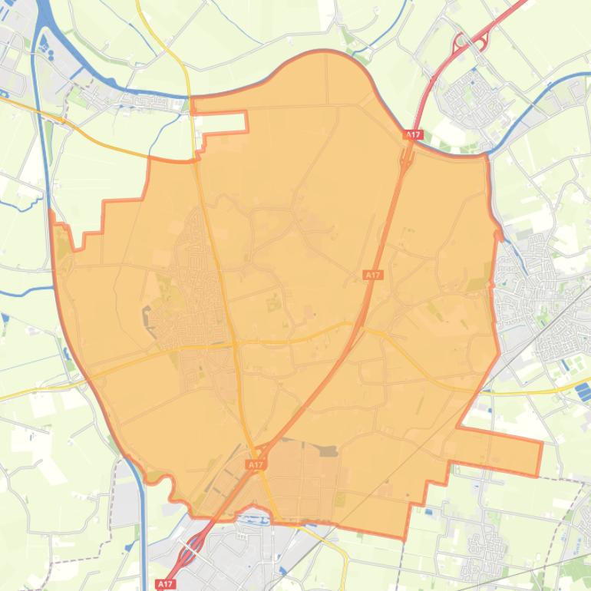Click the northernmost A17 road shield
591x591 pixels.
point(413,135)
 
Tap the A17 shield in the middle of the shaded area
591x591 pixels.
point(373,275)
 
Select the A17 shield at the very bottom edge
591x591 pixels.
point(166,584)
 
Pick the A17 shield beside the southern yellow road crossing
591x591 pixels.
point(256,465)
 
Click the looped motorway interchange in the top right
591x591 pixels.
point(470,41)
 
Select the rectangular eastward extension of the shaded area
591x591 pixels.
point(499,449)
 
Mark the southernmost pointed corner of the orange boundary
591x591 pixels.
point(404,537)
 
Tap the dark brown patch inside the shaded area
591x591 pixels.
point(329,451)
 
